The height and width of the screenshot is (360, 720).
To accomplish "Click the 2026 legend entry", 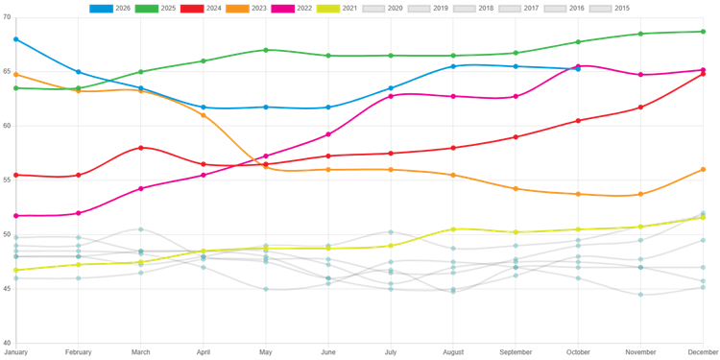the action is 108,9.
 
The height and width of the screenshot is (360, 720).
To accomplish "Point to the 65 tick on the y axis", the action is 8,72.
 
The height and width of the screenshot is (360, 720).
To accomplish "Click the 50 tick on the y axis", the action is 8,234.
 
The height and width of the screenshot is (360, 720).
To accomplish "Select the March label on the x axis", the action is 141,352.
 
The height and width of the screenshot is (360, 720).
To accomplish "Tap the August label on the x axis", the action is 453,352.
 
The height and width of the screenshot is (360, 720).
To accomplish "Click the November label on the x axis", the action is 640,352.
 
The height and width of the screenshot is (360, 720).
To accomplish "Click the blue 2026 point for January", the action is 16,39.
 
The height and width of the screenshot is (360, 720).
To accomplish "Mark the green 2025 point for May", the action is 266,50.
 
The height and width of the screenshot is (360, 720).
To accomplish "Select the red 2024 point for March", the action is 141,148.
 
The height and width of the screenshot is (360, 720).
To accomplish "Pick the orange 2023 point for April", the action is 204,115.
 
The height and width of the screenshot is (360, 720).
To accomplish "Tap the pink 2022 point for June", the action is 328,134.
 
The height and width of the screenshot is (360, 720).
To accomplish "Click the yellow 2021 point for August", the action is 453,229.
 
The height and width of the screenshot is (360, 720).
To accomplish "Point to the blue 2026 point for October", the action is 578,69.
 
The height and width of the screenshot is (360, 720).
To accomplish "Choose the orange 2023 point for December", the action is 703,169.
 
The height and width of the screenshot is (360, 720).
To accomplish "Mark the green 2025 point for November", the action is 640,34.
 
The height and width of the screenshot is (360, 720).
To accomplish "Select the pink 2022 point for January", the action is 16,216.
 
